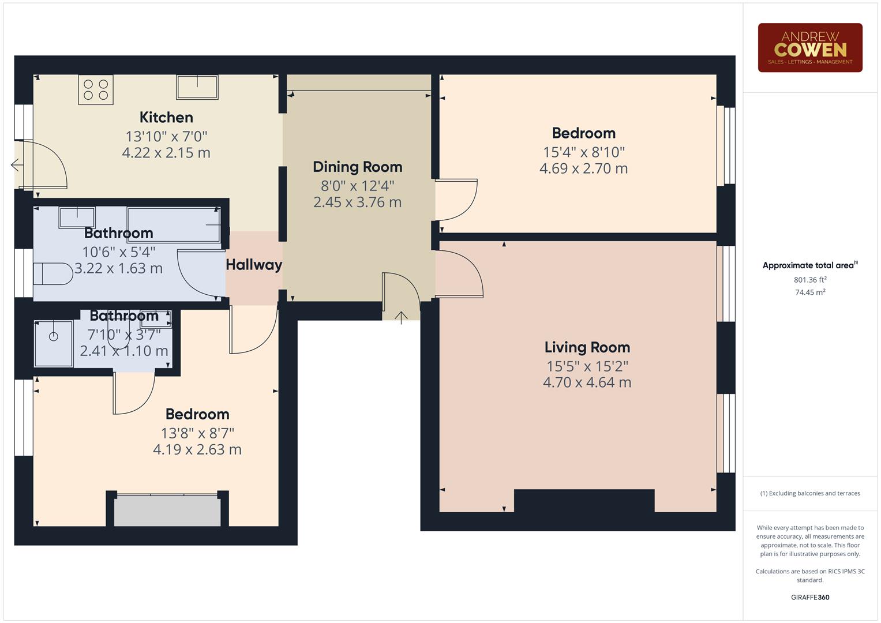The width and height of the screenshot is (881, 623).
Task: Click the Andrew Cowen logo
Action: pyautogui.click(x=809, y=48)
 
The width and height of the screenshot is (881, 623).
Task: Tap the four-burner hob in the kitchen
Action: pyautogui.click(x=96, y=90)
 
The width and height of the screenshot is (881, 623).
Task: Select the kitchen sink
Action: pyautogui.click(x=197, y=87)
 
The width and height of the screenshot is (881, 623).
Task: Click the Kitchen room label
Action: pyautogui.click(x=166, y=118)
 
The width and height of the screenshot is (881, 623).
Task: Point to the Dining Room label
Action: pyautogui.click(x=357, y=167)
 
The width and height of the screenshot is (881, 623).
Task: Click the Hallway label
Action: pyautogui.click(x=254, y=265)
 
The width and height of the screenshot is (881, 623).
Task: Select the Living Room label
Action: pyautogui.click(x=587, y=347)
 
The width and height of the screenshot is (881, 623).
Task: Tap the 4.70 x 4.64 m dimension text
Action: pyautogui.click(x=587, y=382)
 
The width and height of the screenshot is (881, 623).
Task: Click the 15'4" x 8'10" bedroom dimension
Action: pyautogui.click(x=583, y=152)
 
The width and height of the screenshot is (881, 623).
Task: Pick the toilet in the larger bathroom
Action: pyautogui.click(x=53, y=274)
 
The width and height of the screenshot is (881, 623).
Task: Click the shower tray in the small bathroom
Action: pyautogui.click(x=54, y=344)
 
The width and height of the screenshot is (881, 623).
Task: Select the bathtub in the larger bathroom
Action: pyautogui.click(x=174, y=224)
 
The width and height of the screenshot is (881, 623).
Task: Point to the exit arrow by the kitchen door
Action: pyautogui.click(x=16, y=166)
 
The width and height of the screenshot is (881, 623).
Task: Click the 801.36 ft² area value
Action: pyautogui.click(x=809, y=280)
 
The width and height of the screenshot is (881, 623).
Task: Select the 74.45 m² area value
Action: pyautogui.click(x=809, y=292)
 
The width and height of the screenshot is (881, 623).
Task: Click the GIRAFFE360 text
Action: pyautogui.click(x=809, y=597)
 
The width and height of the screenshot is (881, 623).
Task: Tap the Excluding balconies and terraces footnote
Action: pyautogui.click(x=809, y=493)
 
